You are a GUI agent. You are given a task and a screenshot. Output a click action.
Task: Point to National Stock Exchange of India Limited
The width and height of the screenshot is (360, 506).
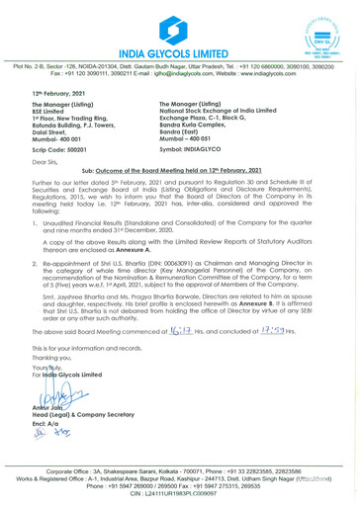point(221,114)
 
